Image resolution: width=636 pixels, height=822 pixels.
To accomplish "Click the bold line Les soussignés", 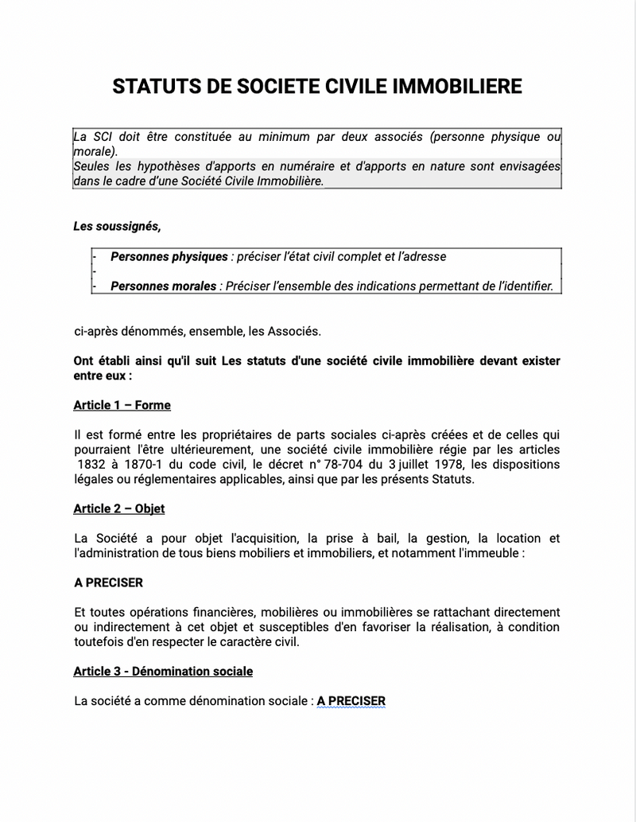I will (x=117, y=227).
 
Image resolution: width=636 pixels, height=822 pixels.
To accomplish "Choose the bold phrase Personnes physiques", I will (x=169, y=257).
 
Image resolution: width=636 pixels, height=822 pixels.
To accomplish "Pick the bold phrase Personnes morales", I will (x=163, y=286).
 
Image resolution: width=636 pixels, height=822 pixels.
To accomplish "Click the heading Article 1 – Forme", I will (x=122, y=405).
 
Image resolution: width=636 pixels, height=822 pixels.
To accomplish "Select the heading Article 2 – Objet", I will (x=118, y=508).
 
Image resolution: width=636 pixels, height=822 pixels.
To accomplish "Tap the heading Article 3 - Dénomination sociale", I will (x=163, y=672).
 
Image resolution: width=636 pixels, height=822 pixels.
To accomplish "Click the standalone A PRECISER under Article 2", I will (x=108, y=582).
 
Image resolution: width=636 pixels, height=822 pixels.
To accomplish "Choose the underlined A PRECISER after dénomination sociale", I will (x=351, y=701).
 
